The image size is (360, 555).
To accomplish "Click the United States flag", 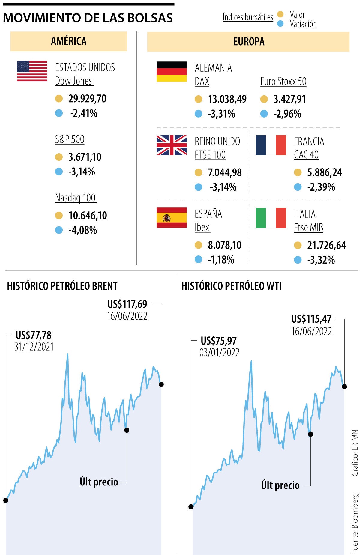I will point(32,71).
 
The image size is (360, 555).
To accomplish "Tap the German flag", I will point(172,72).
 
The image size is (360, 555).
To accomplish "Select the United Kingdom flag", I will point(172,145).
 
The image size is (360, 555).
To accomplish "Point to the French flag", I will point(271,145).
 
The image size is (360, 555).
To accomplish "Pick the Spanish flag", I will point(172,218).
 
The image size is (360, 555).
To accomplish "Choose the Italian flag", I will point(271,218).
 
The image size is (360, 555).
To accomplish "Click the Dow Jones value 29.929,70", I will point(87,99).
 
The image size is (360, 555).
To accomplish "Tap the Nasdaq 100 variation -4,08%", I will point(83,230).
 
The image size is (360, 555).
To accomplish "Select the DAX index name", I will point(202,82).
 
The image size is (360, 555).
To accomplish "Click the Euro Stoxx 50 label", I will point(283,82).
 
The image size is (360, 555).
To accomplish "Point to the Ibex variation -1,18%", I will point(221,260).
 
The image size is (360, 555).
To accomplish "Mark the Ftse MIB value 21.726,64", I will point(326,245).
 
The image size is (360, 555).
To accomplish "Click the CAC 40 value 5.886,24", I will point(325,172).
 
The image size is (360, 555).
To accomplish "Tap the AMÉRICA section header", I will point(69,41).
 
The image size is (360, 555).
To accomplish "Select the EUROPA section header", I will point(249,42).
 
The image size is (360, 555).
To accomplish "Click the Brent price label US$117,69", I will point(127,304).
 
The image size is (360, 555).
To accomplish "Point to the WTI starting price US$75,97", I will point(219,341).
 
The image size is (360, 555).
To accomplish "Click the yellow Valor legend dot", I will point(280,14).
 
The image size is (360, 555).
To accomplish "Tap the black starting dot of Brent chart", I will point(6,500).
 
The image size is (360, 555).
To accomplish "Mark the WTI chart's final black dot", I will point(344,387).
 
